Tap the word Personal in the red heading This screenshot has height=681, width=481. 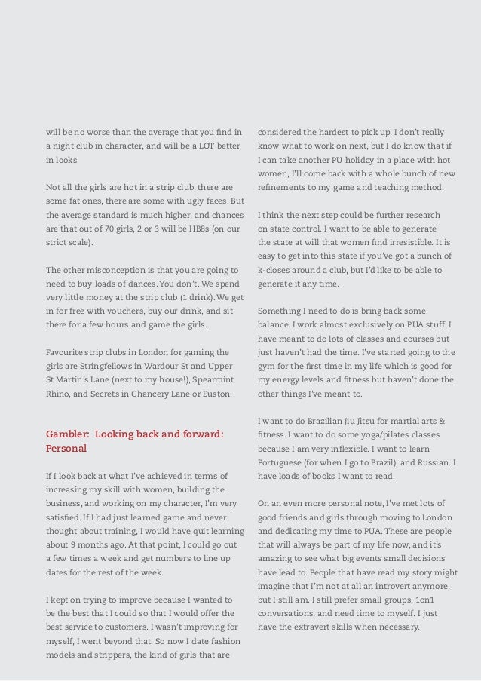[66, 448]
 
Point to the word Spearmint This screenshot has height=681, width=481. [210, 379]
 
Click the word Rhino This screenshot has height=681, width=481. [60, 394]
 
